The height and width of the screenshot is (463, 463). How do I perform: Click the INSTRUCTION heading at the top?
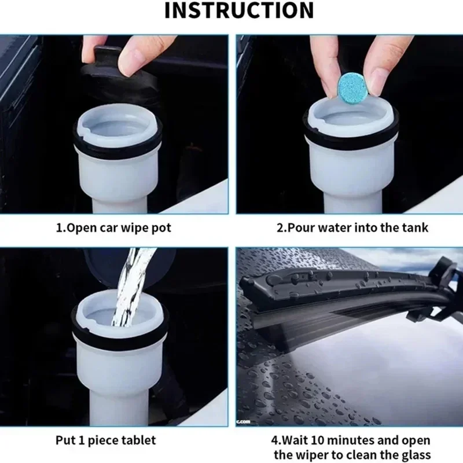click(239, 10)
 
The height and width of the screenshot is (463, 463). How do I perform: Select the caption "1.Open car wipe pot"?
click(113, 228)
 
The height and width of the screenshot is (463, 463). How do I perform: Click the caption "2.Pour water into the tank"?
click(352, 228)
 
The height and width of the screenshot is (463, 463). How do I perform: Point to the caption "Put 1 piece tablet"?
click(105, 440)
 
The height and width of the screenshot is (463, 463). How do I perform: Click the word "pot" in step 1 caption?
click(161, 229)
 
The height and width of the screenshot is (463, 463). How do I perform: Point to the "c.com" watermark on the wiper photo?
click(243, 422)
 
